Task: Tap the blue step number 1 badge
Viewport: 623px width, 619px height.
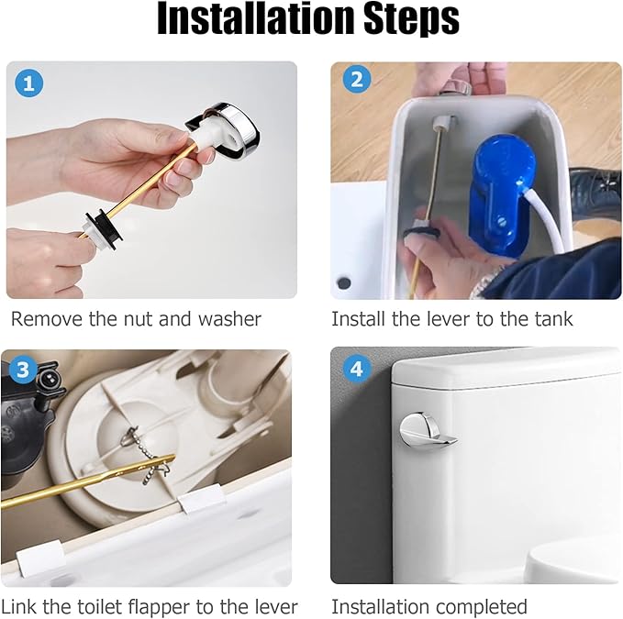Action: pos(29,84)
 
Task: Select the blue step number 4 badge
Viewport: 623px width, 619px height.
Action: pos(356,370)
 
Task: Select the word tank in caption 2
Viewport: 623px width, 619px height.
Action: pos(553,319)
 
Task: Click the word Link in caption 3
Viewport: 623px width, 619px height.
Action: pos(18,606)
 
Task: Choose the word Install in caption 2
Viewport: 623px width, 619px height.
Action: pos(359,319)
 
